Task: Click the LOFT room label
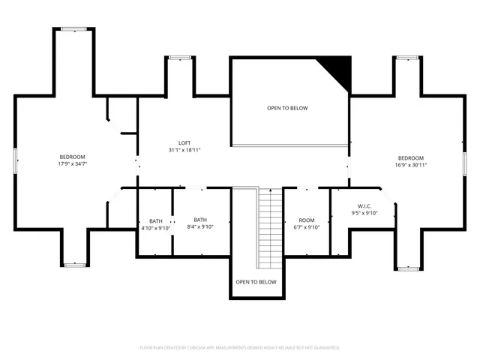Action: click(184, 143)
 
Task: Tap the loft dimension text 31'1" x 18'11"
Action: click(184, 150)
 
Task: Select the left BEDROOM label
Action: click(72, 157)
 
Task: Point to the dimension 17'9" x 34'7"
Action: click(72, 164)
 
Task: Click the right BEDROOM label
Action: click(411, 157)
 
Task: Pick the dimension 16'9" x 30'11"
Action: click(411, 164)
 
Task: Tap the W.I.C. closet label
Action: click(364, 205)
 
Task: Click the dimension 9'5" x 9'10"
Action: click(364, 213)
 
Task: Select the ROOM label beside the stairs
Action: click(306, 220)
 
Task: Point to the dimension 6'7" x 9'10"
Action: click(306, 227)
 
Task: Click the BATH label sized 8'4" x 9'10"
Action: click(200, 220)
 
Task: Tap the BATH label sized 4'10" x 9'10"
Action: click(156, 220)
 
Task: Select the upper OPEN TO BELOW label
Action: click(287, 108)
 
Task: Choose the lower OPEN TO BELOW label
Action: click(256, 282)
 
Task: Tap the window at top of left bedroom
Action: click(73, 29)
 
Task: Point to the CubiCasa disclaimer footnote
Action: click(240, 348)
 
